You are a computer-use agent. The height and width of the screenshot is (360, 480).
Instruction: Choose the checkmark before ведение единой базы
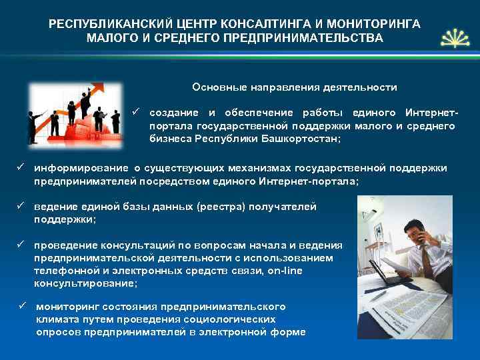coord(21,207)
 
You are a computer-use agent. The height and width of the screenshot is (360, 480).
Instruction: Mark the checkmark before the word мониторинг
coord(22,306)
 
